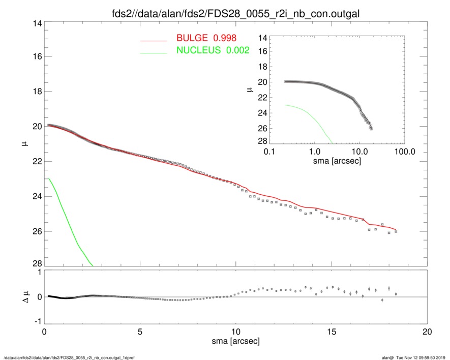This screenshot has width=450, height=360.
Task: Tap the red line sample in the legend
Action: tap(154, 40)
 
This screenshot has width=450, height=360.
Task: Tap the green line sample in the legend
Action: tap(154, 52)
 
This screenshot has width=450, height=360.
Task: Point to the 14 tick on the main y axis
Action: tap(37, 22)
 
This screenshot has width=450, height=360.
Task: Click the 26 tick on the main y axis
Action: tap(37, 231)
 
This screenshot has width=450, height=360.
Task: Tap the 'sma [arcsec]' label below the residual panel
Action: tap(235, 342)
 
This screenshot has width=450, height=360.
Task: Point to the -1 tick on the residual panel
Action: tap(36, 322)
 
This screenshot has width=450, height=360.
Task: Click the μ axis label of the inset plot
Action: tap(249, 89)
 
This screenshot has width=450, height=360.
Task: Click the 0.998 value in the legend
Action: tap(225, 38)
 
